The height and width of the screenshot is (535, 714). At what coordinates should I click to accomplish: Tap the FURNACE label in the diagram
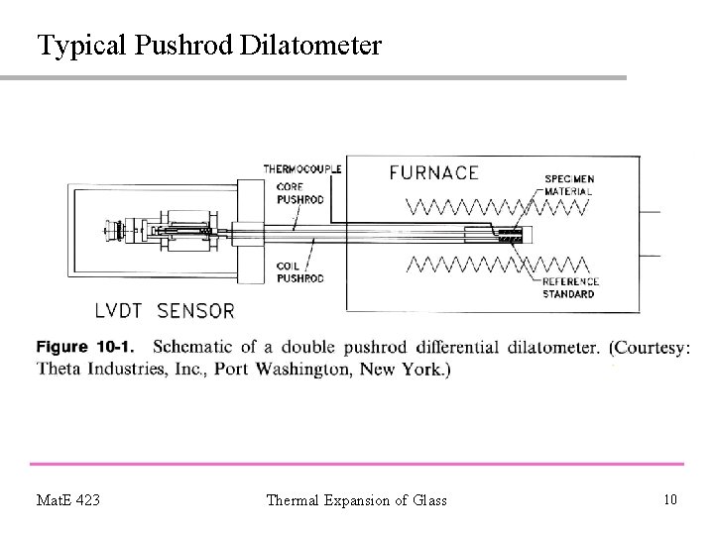click(433, 172)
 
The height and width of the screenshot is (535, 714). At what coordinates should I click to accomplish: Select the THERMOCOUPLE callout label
click(302, 169)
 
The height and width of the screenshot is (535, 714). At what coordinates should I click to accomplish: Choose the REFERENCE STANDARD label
click(569, 288)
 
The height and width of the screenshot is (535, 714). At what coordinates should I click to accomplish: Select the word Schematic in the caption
click(202, 347)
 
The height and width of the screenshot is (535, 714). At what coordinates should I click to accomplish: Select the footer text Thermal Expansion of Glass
click(356, 500)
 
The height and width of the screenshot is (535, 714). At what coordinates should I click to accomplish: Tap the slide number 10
click(670, 499)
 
